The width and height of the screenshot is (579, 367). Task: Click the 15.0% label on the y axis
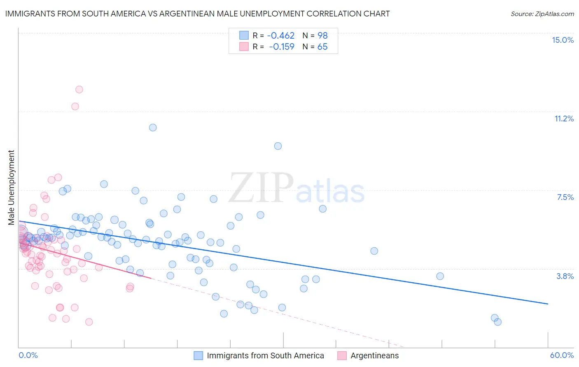point(563,40)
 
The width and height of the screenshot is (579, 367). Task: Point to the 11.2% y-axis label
point(564,118)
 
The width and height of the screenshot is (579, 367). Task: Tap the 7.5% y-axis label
point(565,197)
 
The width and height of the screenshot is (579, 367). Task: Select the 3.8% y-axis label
point(565,276)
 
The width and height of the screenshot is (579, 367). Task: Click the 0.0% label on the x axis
point(28,355)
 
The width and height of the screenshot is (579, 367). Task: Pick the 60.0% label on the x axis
point(562,355)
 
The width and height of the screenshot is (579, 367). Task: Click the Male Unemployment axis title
point(11,188)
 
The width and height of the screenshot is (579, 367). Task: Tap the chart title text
point(197,14)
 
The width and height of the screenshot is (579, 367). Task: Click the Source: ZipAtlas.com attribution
point(542,14)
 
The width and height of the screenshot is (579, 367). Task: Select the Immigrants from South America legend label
point(265,355)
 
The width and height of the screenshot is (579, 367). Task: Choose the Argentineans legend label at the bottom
point(374,355)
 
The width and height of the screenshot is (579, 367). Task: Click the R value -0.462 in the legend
point(281,36)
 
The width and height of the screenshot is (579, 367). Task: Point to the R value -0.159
point(282,47)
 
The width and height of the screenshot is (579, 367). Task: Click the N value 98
point(322,36)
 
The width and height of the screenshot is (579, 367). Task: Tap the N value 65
point(322,47)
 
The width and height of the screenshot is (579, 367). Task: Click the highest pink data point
point(79,89)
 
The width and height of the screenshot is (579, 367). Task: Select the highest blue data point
point(153,128)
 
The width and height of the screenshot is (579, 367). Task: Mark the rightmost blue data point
point(497,322)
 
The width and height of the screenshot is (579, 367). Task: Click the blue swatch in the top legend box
point(244,35)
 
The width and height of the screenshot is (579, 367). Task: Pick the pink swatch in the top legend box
point(244,46)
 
